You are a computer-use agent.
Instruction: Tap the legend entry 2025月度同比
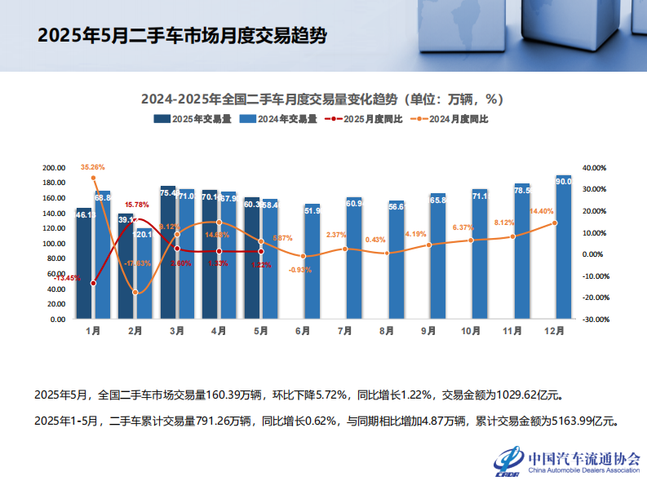click(364, 119)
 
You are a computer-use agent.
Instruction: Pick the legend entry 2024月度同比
click(450, 119)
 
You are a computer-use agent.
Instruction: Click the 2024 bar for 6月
click(312, 262)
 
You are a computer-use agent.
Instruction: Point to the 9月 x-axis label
click(428, 331)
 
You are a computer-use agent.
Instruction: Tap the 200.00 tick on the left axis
click(54, 168)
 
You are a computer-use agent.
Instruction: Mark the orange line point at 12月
click(555, 223)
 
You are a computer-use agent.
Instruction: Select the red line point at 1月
click(93, 283)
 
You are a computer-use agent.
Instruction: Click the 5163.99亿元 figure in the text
click(586, 421)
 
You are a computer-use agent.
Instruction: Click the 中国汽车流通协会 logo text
click(584, 458)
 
